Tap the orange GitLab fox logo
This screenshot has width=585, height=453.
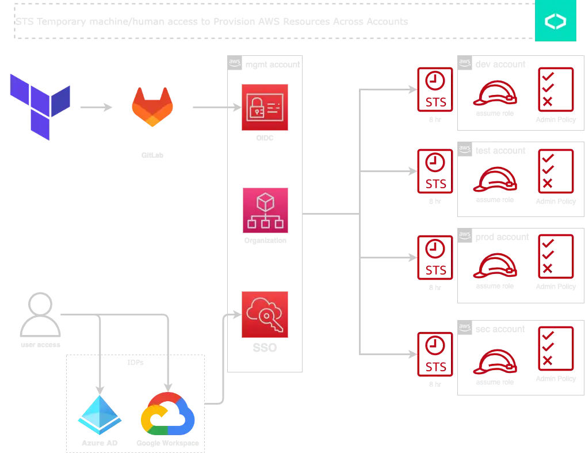(152, 107)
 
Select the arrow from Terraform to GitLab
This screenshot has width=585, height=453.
(95, 108)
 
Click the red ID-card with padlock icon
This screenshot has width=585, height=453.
(265, 108)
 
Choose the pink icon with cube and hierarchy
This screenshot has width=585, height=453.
(265, 211)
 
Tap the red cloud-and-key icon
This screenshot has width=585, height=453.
(265, 315)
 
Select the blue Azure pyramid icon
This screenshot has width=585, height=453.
(100, 414)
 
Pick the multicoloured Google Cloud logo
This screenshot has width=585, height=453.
(168, 414)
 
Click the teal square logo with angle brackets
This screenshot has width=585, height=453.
(555, 21)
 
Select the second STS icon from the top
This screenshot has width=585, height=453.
(434, 172)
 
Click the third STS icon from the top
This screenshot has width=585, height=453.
(434, 257)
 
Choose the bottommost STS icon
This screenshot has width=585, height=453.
(434, 353)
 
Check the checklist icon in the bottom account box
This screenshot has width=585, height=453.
(556, 348)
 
